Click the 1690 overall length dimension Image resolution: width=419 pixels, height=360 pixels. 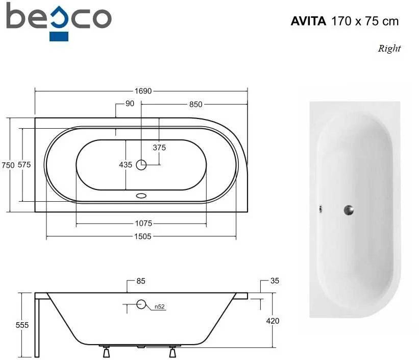tap(143, 91)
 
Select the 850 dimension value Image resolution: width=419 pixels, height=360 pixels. tap(195, 104)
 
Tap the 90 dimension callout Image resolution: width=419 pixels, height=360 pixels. tap(130, 104)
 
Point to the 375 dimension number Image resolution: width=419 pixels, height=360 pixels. tap(159, 148)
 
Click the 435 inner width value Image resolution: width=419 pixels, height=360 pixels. tap(126, 164)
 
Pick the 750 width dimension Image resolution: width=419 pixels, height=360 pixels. tap(8, 165)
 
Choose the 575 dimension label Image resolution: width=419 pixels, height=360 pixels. tap(24, 165)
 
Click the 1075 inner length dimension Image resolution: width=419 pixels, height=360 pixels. tap(143, 223)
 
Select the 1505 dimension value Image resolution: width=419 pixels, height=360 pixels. tap(143, 236)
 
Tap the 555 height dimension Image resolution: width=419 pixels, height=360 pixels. tap(22, 325)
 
